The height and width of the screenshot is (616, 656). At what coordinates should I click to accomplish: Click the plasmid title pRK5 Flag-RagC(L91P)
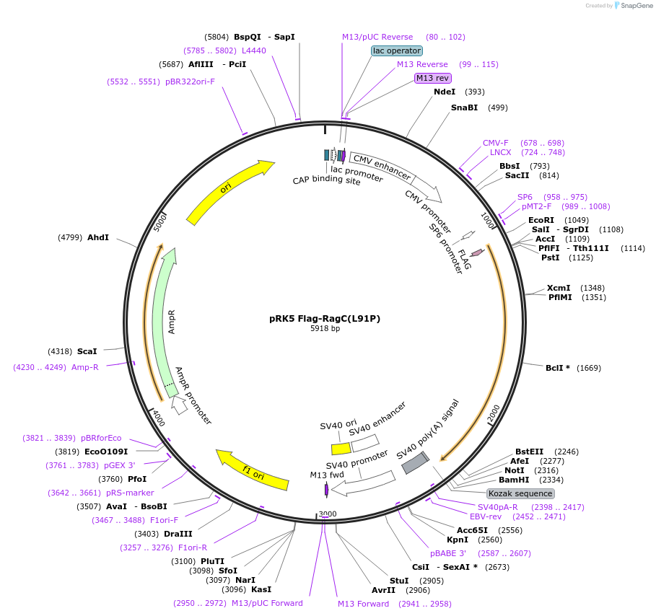click(324, 318)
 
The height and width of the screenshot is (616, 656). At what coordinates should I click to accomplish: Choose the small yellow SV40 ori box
click(341, 448)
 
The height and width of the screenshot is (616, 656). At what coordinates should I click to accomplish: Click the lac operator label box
click(396, 50)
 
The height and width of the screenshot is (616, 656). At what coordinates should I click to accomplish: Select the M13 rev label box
click(433, 78)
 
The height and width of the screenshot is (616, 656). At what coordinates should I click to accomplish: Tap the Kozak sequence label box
click(520, 493)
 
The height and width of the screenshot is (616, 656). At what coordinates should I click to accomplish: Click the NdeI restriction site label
click(445, 92)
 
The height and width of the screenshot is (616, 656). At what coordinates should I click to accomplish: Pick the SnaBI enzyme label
click(464, 107)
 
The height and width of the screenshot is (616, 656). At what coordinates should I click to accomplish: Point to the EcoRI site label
click(541, 220)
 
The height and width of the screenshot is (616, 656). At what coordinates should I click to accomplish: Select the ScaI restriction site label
click(87, 351)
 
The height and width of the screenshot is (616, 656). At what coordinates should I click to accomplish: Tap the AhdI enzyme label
click(98, 237)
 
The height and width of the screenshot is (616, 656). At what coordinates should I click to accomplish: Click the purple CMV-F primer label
click(495, 143)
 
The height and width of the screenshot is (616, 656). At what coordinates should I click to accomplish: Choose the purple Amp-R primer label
click(85, 367)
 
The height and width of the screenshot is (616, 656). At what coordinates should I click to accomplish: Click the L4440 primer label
click(254, 50)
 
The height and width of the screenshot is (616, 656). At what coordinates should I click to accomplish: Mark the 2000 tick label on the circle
click(493, 413)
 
